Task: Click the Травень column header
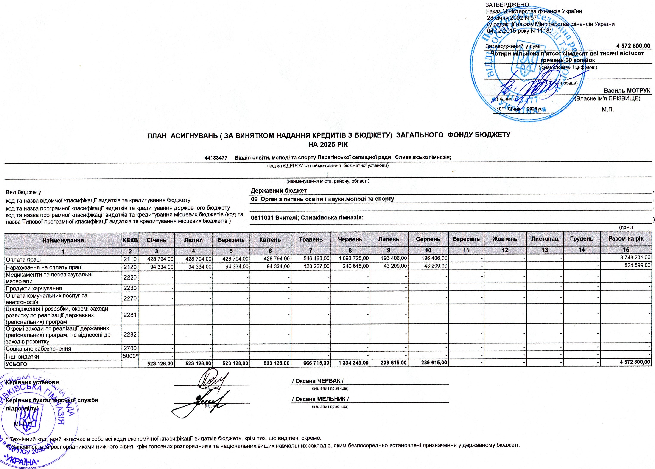click(x=311, y=239)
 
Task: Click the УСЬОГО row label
click(x=16, y=364)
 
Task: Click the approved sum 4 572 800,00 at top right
click(x=633, y=46)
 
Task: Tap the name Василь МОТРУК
click(x=627, y=91)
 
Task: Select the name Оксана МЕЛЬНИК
click(x=320, y=399)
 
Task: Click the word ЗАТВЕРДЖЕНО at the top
click(x=507, y=5)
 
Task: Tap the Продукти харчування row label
click(x=34, y=288)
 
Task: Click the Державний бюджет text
click(x=278, y=191)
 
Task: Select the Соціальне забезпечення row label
click(x=38, y=349)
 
